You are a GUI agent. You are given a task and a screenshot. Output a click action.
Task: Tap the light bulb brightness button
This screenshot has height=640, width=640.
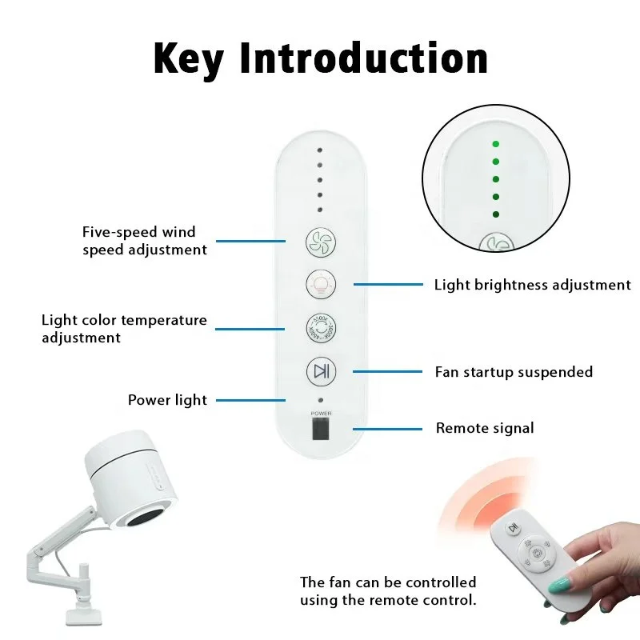[x=320, y=283]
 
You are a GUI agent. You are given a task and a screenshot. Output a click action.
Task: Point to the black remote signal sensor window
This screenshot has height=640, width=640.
[x=320, y=431]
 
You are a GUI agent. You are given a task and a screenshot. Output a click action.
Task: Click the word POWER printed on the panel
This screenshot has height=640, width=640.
[x=320, y=413]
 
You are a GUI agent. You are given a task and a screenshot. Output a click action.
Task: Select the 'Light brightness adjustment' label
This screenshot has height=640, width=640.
[x=532, y=285]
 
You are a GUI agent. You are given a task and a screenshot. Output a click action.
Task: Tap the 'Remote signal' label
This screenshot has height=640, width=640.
[x=484, y=429]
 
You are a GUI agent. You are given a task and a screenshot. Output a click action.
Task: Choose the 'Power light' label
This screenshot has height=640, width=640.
[x=167, y=400]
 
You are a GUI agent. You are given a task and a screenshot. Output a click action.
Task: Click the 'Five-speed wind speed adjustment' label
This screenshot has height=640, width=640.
[x=144, y=241]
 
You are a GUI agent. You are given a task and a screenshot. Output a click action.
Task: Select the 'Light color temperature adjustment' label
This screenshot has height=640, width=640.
[x=124, y=329]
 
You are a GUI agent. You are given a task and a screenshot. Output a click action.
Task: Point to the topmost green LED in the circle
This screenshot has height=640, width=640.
[x=496, y=144]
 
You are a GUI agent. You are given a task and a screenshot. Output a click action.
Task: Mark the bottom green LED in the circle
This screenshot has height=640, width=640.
[x=496, y=214]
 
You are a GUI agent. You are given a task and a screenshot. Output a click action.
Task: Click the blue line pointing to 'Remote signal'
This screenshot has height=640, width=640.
[x=388, y=429]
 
